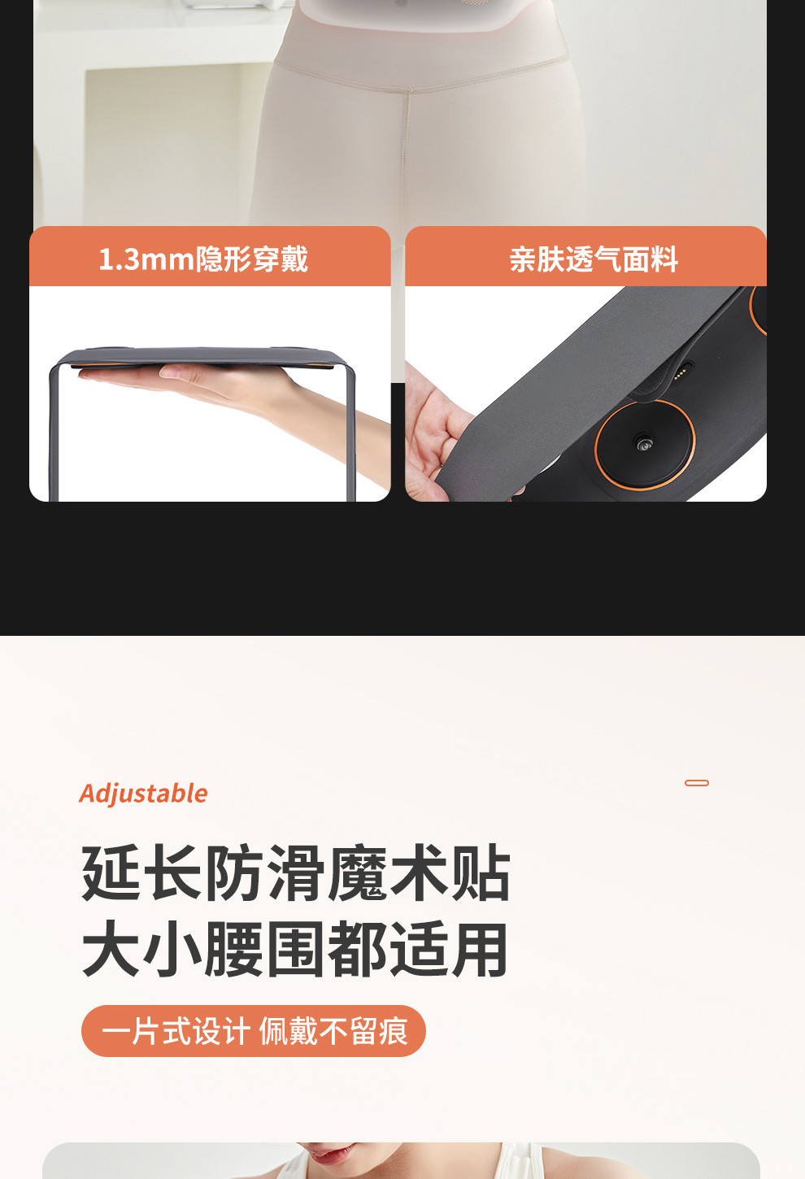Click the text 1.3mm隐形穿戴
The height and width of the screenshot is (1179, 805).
coord(203,259)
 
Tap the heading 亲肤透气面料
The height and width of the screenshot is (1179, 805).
coord(594,259)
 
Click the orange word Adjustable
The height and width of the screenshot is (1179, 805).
coord(143,794)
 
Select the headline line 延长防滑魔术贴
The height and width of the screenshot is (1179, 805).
coord(296,872)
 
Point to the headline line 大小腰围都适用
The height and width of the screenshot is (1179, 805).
coord(295,949)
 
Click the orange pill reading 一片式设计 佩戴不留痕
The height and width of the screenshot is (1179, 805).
coord(253,1030)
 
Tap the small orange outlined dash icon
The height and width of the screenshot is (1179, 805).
coord(697,783)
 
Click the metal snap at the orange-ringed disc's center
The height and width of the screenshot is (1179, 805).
coord(643,443)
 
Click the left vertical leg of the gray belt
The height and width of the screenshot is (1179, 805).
coord(54,432)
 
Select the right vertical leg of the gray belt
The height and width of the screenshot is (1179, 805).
coord(351,432)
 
